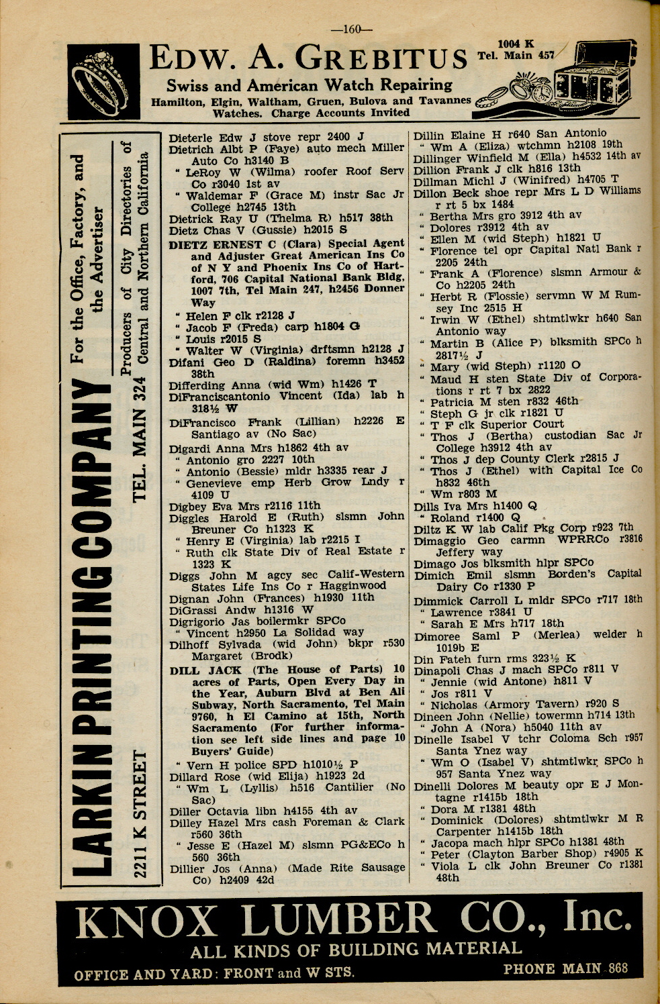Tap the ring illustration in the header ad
point(104,81)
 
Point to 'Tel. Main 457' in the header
point(515,56)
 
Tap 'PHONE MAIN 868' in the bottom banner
point(565,968)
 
